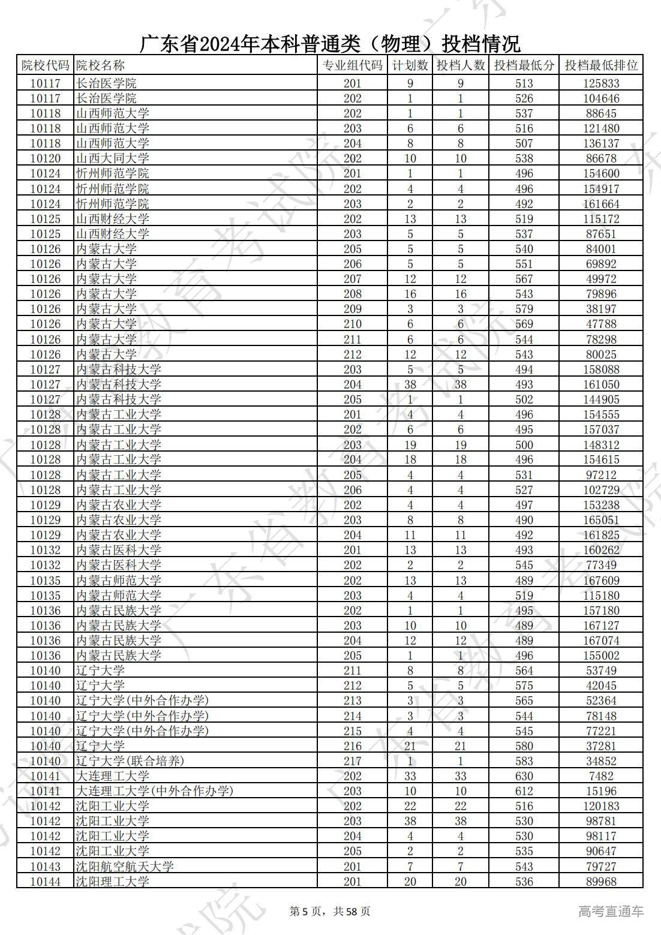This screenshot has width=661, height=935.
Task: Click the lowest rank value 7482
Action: [601, 776]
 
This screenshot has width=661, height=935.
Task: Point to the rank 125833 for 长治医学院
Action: [601, 83]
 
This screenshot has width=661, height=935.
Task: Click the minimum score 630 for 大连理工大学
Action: [524, 776]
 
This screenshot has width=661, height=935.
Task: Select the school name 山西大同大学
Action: [113, 158]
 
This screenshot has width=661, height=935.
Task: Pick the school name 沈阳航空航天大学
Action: [125, 867]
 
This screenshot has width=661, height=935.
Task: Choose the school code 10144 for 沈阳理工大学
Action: [45, 882]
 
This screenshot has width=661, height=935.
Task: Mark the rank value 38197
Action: [601, 309]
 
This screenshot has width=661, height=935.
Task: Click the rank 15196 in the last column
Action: [601, 791]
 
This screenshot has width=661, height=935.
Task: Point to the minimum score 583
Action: [524, 761]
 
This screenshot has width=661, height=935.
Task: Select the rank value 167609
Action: [601, 581]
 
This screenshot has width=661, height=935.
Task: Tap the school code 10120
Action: [45, 158]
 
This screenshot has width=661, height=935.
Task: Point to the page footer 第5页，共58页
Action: [330, 912]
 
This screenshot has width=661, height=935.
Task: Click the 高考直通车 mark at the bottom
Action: [611, 912]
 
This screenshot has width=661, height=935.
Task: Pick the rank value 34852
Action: [601, 761]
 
